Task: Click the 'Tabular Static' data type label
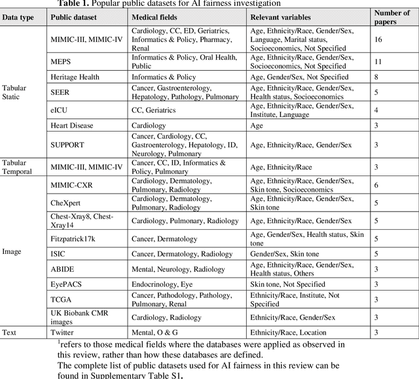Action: [14, 92]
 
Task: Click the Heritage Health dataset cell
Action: [75, 77]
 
